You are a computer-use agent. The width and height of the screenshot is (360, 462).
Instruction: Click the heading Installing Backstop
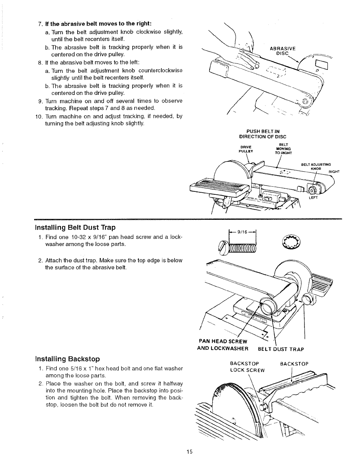pyautogui.click(x=67, y=359)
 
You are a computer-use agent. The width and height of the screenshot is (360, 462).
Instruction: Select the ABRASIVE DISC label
pyautogui.click(x=283, y=51)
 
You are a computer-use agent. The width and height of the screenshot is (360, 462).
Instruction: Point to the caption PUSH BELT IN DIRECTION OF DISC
pyautogui.click(x=262, y=134)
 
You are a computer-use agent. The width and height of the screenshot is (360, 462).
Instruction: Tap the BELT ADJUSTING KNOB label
pyautogui.click(x=316, y=167)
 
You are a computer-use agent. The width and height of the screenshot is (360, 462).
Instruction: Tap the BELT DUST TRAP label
pyautogui.click(x=281, y=349)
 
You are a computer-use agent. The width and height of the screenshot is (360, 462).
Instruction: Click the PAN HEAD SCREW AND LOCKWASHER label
pyautogui.click(x=223, y=345)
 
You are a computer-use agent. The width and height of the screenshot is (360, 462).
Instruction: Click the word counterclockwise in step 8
pyautogui.click(x=160, y=70)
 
